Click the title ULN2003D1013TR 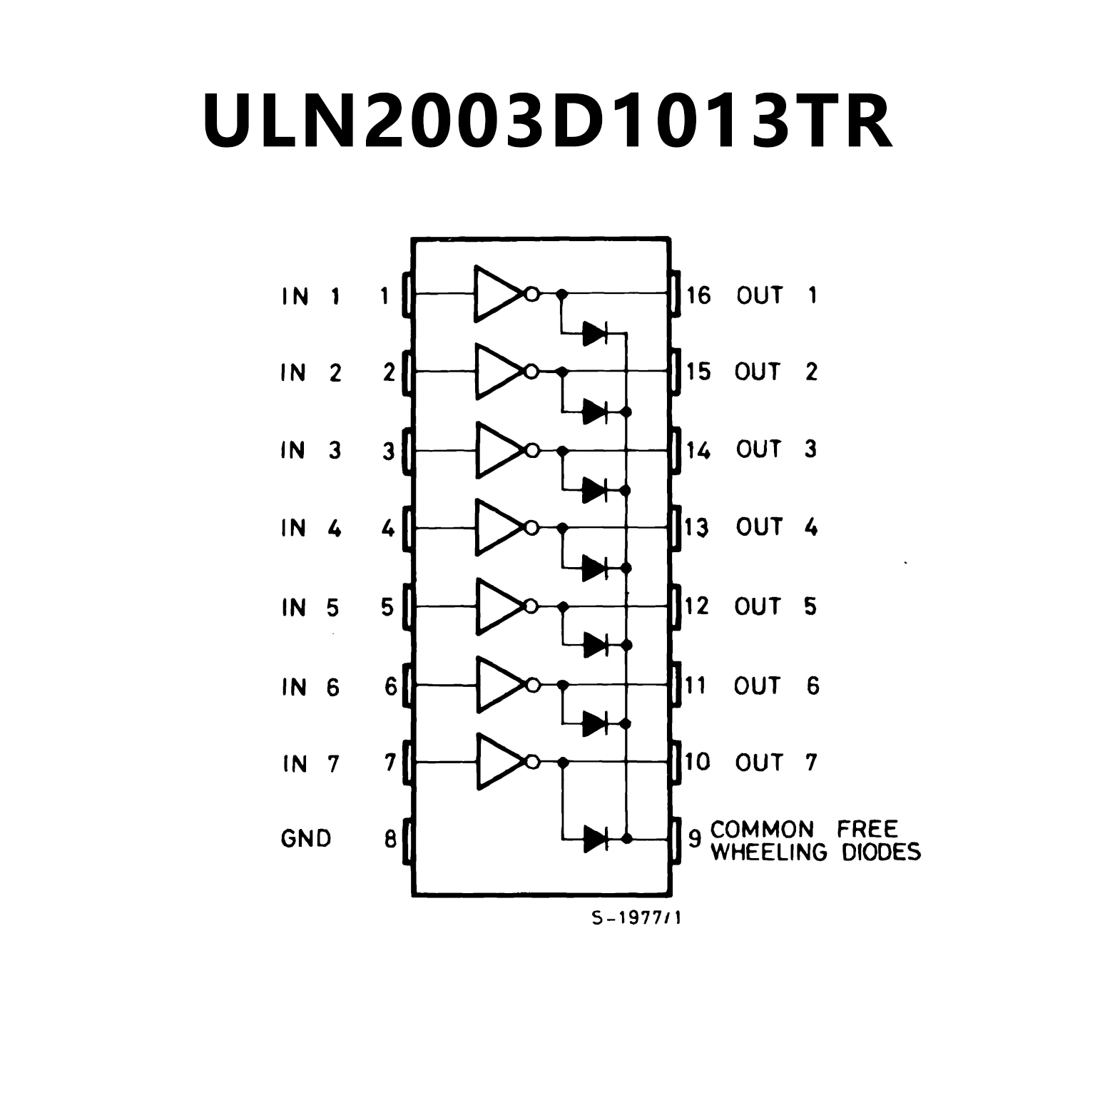pos(547,120)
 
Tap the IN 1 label pos(310,296)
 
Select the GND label pos(306,838)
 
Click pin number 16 pos(698,295)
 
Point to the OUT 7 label pos(775,763)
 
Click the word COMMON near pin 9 pos(762,830)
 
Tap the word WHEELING pos(769,852)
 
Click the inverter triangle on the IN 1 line pos(498,293)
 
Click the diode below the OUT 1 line pos(595,333)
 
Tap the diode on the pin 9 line pos(595,838)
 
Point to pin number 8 pos(390,839)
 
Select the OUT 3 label pos(776,449)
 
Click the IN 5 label pos(310,608)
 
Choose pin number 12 pos(697,606)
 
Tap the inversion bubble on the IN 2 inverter pos(531,372)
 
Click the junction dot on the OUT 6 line pos(563,685)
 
